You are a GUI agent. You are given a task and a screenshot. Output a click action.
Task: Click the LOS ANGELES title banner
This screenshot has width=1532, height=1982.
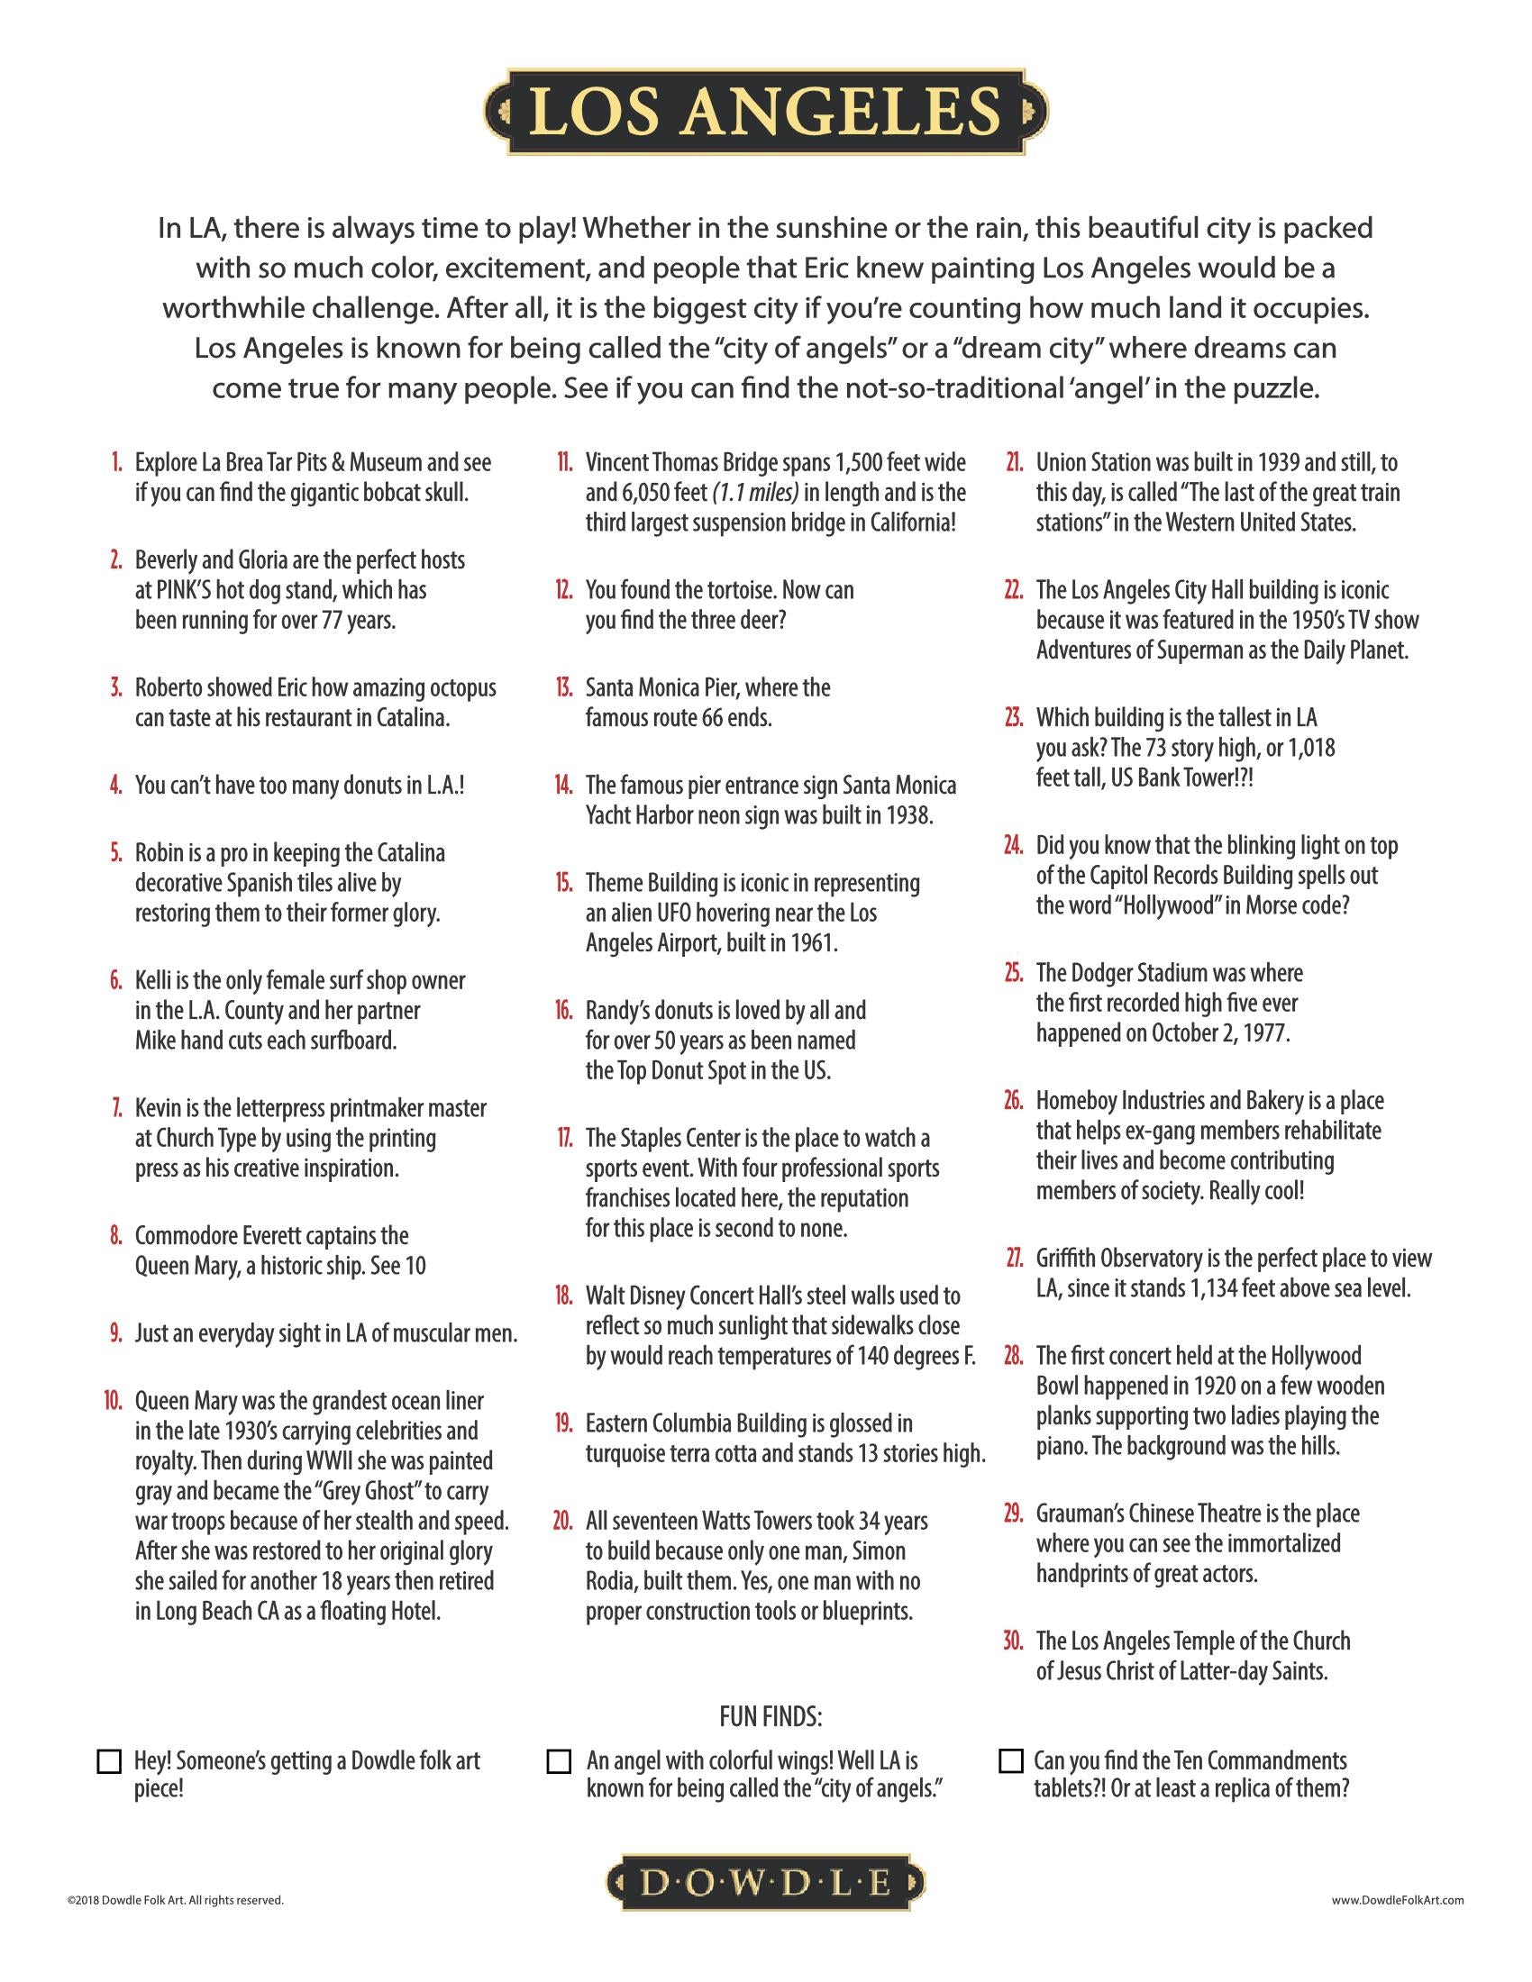766,112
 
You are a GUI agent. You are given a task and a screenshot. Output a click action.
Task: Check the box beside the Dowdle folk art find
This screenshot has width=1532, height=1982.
109,1761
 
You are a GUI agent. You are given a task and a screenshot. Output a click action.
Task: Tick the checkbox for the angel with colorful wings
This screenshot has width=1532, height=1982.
559,1761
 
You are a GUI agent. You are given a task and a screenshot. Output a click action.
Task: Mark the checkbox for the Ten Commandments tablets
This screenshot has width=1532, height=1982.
1010,1760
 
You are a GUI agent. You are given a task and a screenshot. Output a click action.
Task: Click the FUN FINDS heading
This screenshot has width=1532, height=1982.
771,1716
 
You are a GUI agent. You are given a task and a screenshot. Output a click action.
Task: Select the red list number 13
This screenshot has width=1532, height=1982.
563,688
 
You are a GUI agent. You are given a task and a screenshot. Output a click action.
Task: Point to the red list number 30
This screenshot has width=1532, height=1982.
1013,1641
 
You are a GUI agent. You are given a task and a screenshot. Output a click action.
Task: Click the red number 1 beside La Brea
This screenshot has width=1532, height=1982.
116,463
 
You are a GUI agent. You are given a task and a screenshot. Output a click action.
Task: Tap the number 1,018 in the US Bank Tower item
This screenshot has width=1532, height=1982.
1308,748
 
